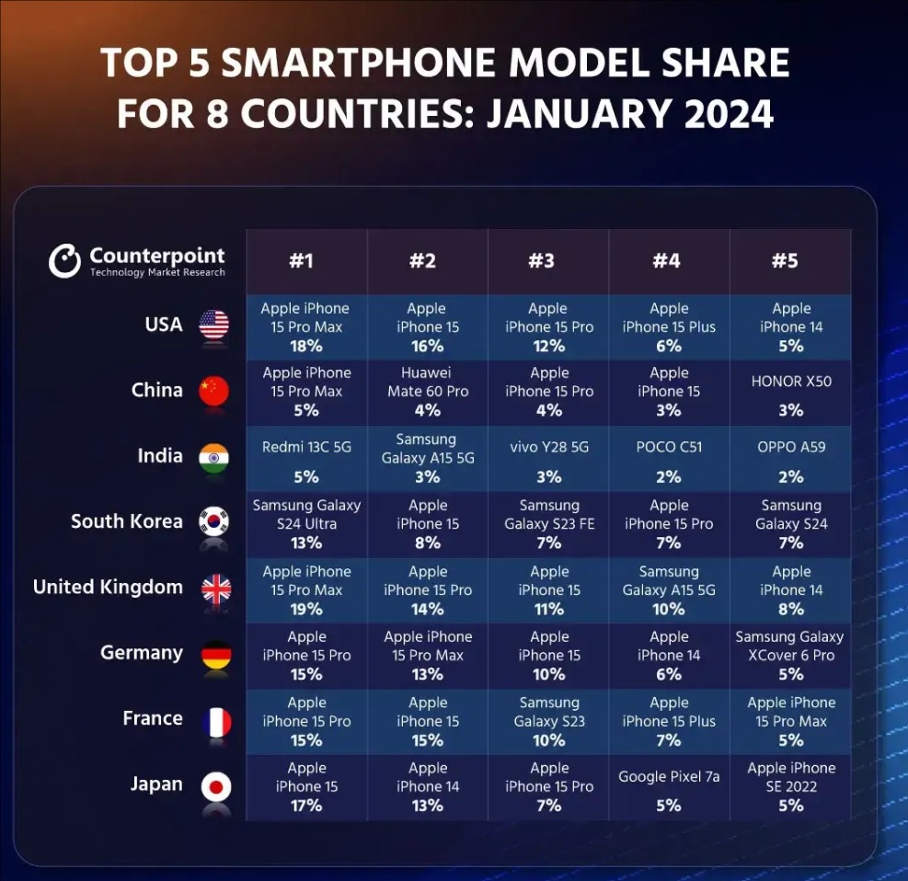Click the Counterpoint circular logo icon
tap(64, 261)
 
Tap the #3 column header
tap(541, 261)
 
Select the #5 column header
tap(785, 261)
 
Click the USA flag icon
tap(214, 325)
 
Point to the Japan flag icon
tap(215, 786)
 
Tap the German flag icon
tap(215, 654)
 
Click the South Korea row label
tap(127, 521)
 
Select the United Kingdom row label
tap(108, 588)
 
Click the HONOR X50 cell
tap(791, 382)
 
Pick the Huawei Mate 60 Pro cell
tap(427, 383)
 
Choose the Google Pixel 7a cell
tap(669, 777)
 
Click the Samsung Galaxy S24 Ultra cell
tap(306, 515)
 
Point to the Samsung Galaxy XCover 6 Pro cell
tap(789, 646)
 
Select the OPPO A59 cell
tap(791, 447)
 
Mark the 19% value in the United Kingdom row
tap(305, 610)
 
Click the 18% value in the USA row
tap(305, 347)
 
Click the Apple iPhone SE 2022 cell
tap(791, 777)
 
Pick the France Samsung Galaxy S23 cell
tap(549, 712)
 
